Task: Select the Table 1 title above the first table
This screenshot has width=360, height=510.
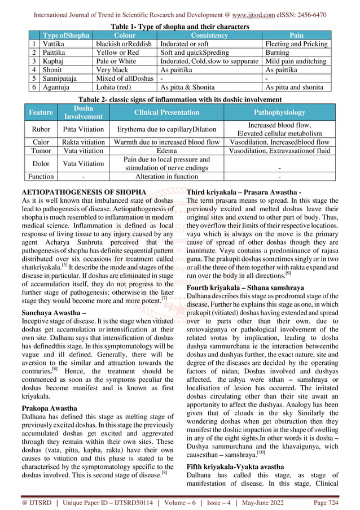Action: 179,27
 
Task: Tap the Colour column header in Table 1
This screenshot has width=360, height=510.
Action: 125,35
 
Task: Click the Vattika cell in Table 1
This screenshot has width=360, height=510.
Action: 55,43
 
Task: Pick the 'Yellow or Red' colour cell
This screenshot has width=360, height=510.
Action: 117,52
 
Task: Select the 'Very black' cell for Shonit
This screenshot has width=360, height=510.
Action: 112,69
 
